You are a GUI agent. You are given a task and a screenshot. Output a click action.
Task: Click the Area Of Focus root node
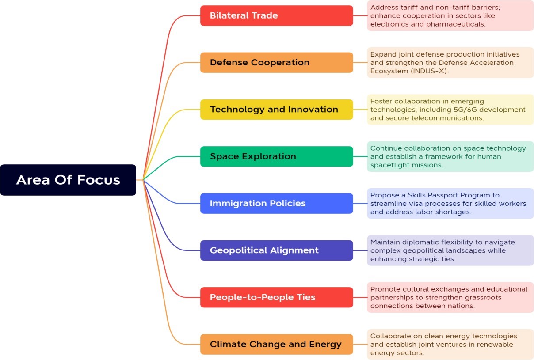click(x=68, y=180)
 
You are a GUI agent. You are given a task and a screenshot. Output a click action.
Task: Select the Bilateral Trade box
click(x=276, y=15)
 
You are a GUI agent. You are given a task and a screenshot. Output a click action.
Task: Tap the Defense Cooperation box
click(x=276, y=62)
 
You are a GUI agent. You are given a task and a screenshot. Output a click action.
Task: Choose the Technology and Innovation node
click(x=276, y=110)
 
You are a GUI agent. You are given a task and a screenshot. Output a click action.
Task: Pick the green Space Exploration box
click(x=276, y=156)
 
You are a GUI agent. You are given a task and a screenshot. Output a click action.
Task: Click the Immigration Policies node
click(x=276, y=203)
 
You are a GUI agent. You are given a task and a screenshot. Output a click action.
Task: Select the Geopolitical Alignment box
click(x=276, y=250)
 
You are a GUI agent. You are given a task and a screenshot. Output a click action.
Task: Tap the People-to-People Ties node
click(x=276, y=297)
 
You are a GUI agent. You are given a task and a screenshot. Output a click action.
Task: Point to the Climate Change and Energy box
click(x=276, y=344)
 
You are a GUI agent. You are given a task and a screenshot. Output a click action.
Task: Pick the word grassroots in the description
click(x=479, y=298)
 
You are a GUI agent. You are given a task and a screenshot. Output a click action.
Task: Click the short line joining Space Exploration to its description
click(x=360, y=156)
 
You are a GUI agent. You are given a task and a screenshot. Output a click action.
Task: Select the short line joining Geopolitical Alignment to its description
click(x=360, y=250)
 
